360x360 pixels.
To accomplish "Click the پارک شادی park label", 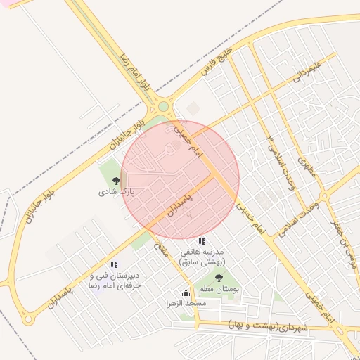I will [116, 191].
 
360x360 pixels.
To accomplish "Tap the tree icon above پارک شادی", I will [116, 181].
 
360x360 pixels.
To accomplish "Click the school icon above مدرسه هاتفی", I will [202, 241].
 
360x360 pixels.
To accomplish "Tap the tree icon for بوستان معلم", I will [218, 278].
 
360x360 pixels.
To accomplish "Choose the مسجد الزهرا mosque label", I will [186, 303].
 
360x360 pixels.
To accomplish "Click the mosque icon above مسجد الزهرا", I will [186, 292].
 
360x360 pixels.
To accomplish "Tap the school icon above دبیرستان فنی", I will [114, 264].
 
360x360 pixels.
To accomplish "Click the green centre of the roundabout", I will [163, 106].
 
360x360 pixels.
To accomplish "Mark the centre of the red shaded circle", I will [180, 180].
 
